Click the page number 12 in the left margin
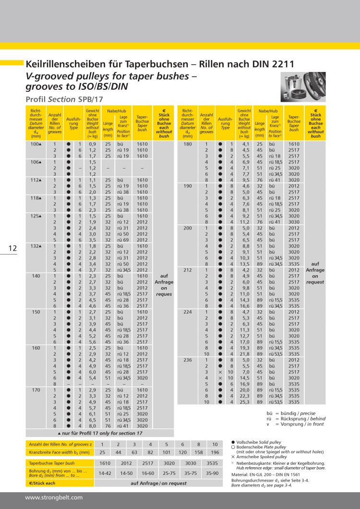pos(12,248)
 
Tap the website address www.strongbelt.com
pos(54,497)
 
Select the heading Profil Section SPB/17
pos(64,99)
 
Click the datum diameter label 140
pos(36,276)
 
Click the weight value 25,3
pos(246,401)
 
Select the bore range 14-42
pos(105,473)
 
